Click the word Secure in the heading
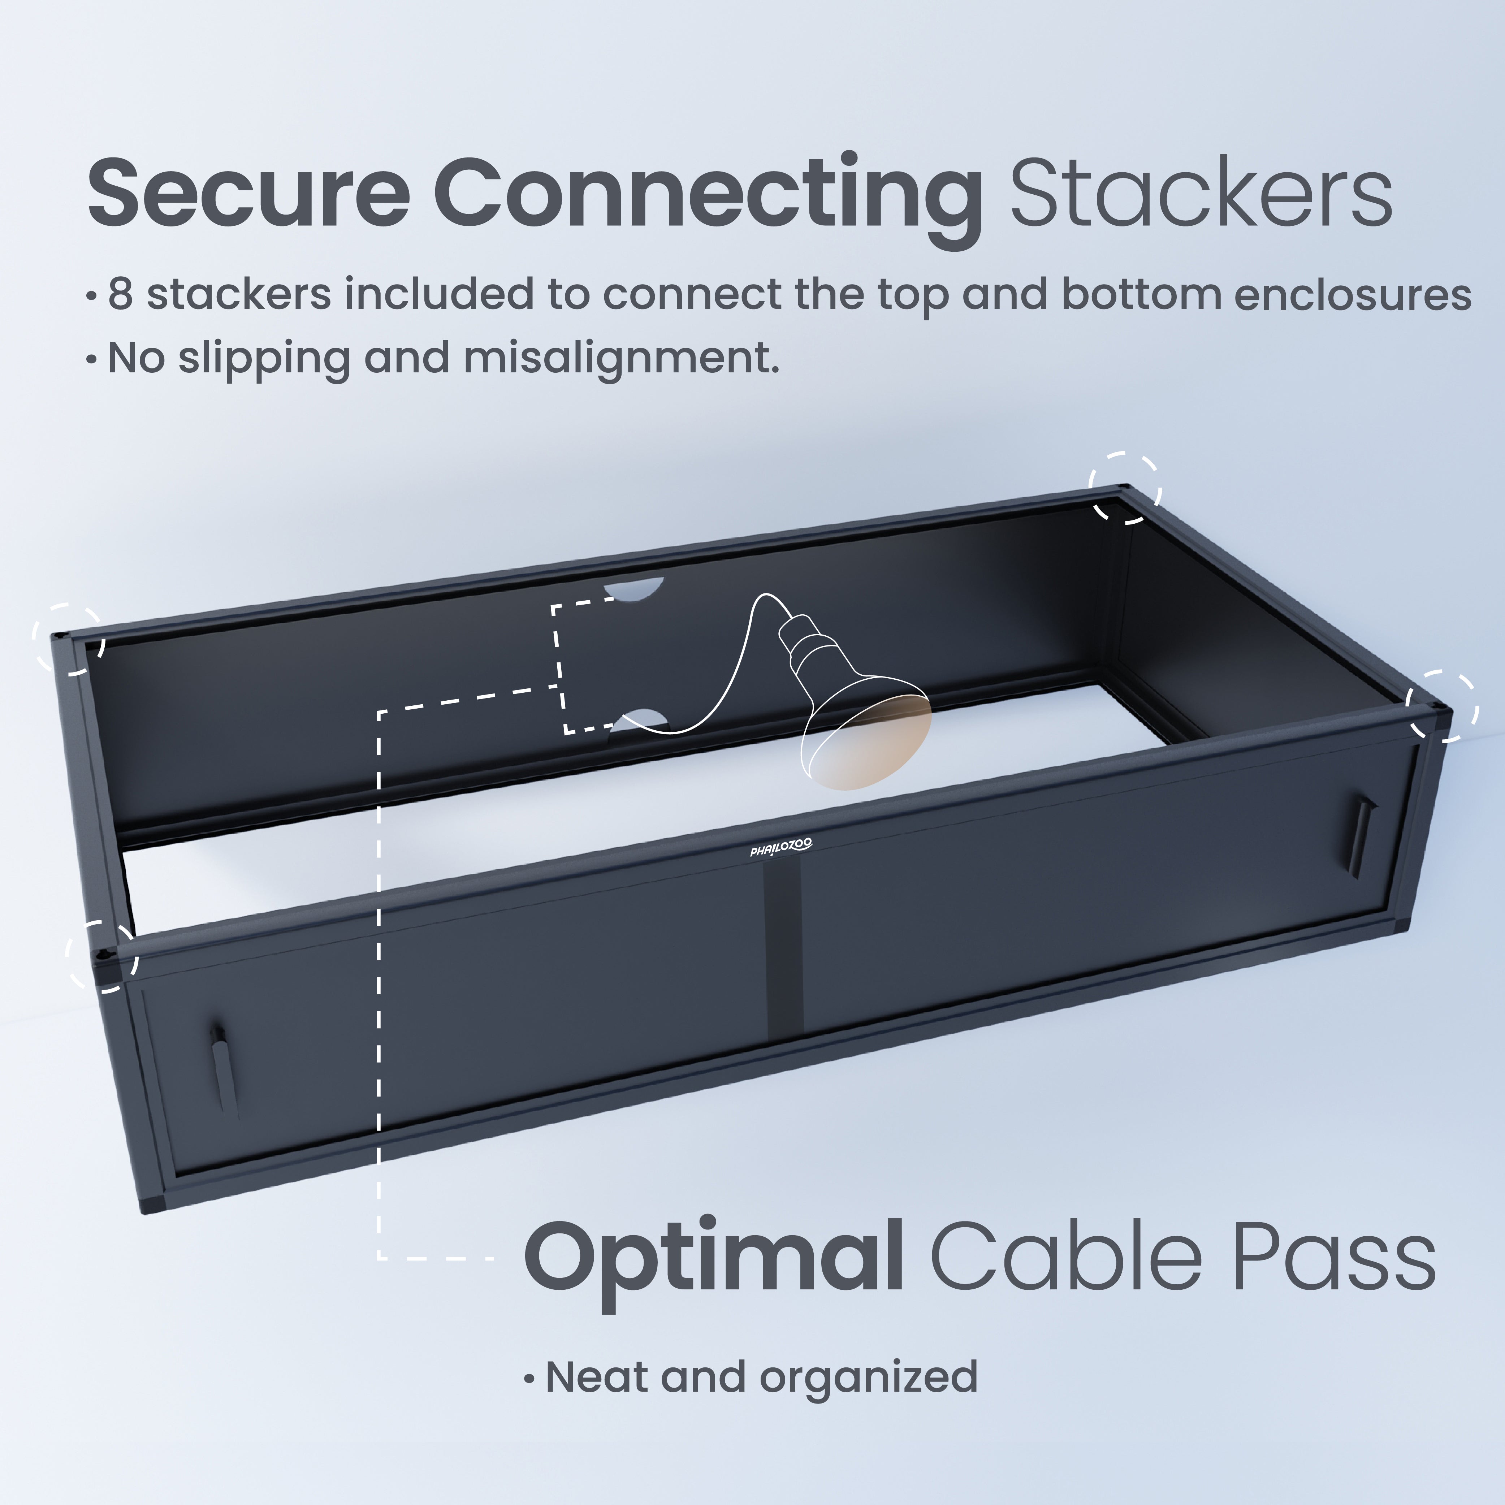pos(248,193)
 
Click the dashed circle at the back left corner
pos(69,638)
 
